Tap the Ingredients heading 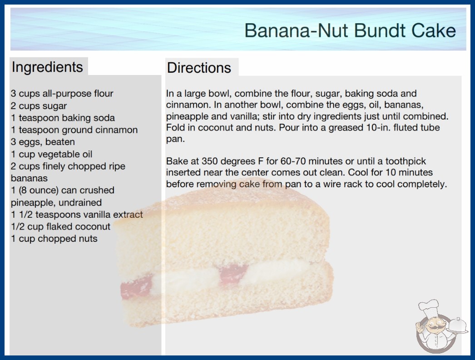(47, 67)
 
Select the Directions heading (199, 68)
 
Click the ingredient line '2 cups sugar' (39, 106)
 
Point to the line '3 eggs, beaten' (43, 142)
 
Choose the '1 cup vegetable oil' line (51, 154)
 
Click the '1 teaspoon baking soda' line (63, 118)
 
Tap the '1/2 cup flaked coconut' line (60, 226)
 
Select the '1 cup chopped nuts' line (54, 239)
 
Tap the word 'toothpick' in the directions (406, 161)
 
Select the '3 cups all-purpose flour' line (62, 94)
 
